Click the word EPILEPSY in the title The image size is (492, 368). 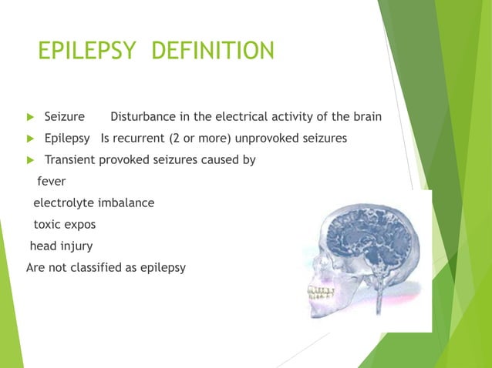coord(86,52)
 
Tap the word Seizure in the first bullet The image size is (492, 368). coord(64,117)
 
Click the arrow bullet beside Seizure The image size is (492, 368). coord(31,118)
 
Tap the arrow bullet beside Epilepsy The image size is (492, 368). coord(31,139)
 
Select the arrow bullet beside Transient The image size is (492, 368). coord(31,161)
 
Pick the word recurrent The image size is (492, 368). coord(151,139)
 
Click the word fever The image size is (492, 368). coord(52,182)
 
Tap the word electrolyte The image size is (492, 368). coord(62,203)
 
